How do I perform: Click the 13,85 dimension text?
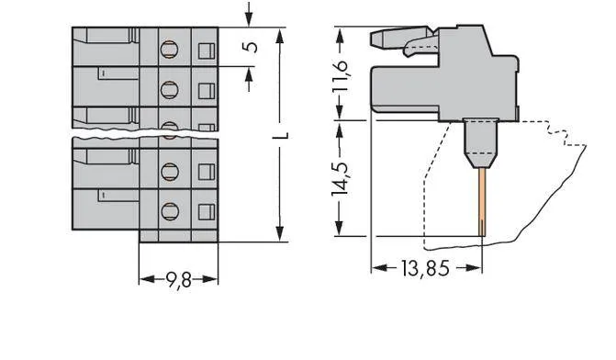(x=426, y=268)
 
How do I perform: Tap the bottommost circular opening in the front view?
(x=169, y=211)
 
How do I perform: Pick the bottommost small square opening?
(x=206, y=211)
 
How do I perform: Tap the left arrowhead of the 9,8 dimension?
(x=143, y=277)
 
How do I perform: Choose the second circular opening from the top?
(x=169, y=89)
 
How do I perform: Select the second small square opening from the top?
(x=206, y=89)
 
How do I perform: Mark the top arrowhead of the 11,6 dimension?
(x=341, y=33)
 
